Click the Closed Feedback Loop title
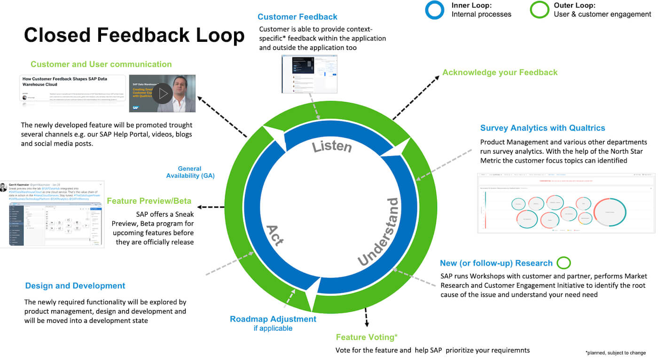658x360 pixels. pyautogui.click(x=134, y=36)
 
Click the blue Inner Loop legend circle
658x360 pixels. pyautogui.click(x=434, y=9)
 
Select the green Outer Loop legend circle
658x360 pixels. pyautogui.click(x=539, y=9)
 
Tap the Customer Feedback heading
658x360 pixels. pyautogui.click(x=297, y=17)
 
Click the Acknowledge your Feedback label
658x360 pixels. pyautogui.click(x=500, y=72)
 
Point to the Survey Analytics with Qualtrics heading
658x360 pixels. pyautogui.click(x=542, y=128)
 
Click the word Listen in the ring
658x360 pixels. pyautogui.click(x=332, y=146)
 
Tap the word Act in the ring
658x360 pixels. pyautogui.click(x=275, y=235)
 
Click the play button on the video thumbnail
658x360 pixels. pyautogui.click(x=163, y=94)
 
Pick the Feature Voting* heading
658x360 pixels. pyautogui.click(x=367, y=337)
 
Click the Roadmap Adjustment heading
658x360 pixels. pyautogui.click(x=273, y=319)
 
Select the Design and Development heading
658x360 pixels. pyautogui.click(x=75, y=286)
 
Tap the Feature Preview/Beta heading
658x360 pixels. pyautogui.click(x=149, y=201)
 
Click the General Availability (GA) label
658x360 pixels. pyautogui.click(x=190, y=172)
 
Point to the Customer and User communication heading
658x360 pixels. pyautogui.click(x=101, y=64)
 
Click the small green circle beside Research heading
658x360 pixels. pyautogui.click(x=563, y=263)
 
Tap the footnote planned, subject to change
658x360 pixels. pyautogui.click(x=615, y=352)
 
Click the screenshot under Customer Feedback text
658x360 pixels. pyautogui.click(x=309, y=74)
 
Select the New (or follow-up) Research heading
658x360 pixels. pyautogui.click(x=496, y=263)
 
